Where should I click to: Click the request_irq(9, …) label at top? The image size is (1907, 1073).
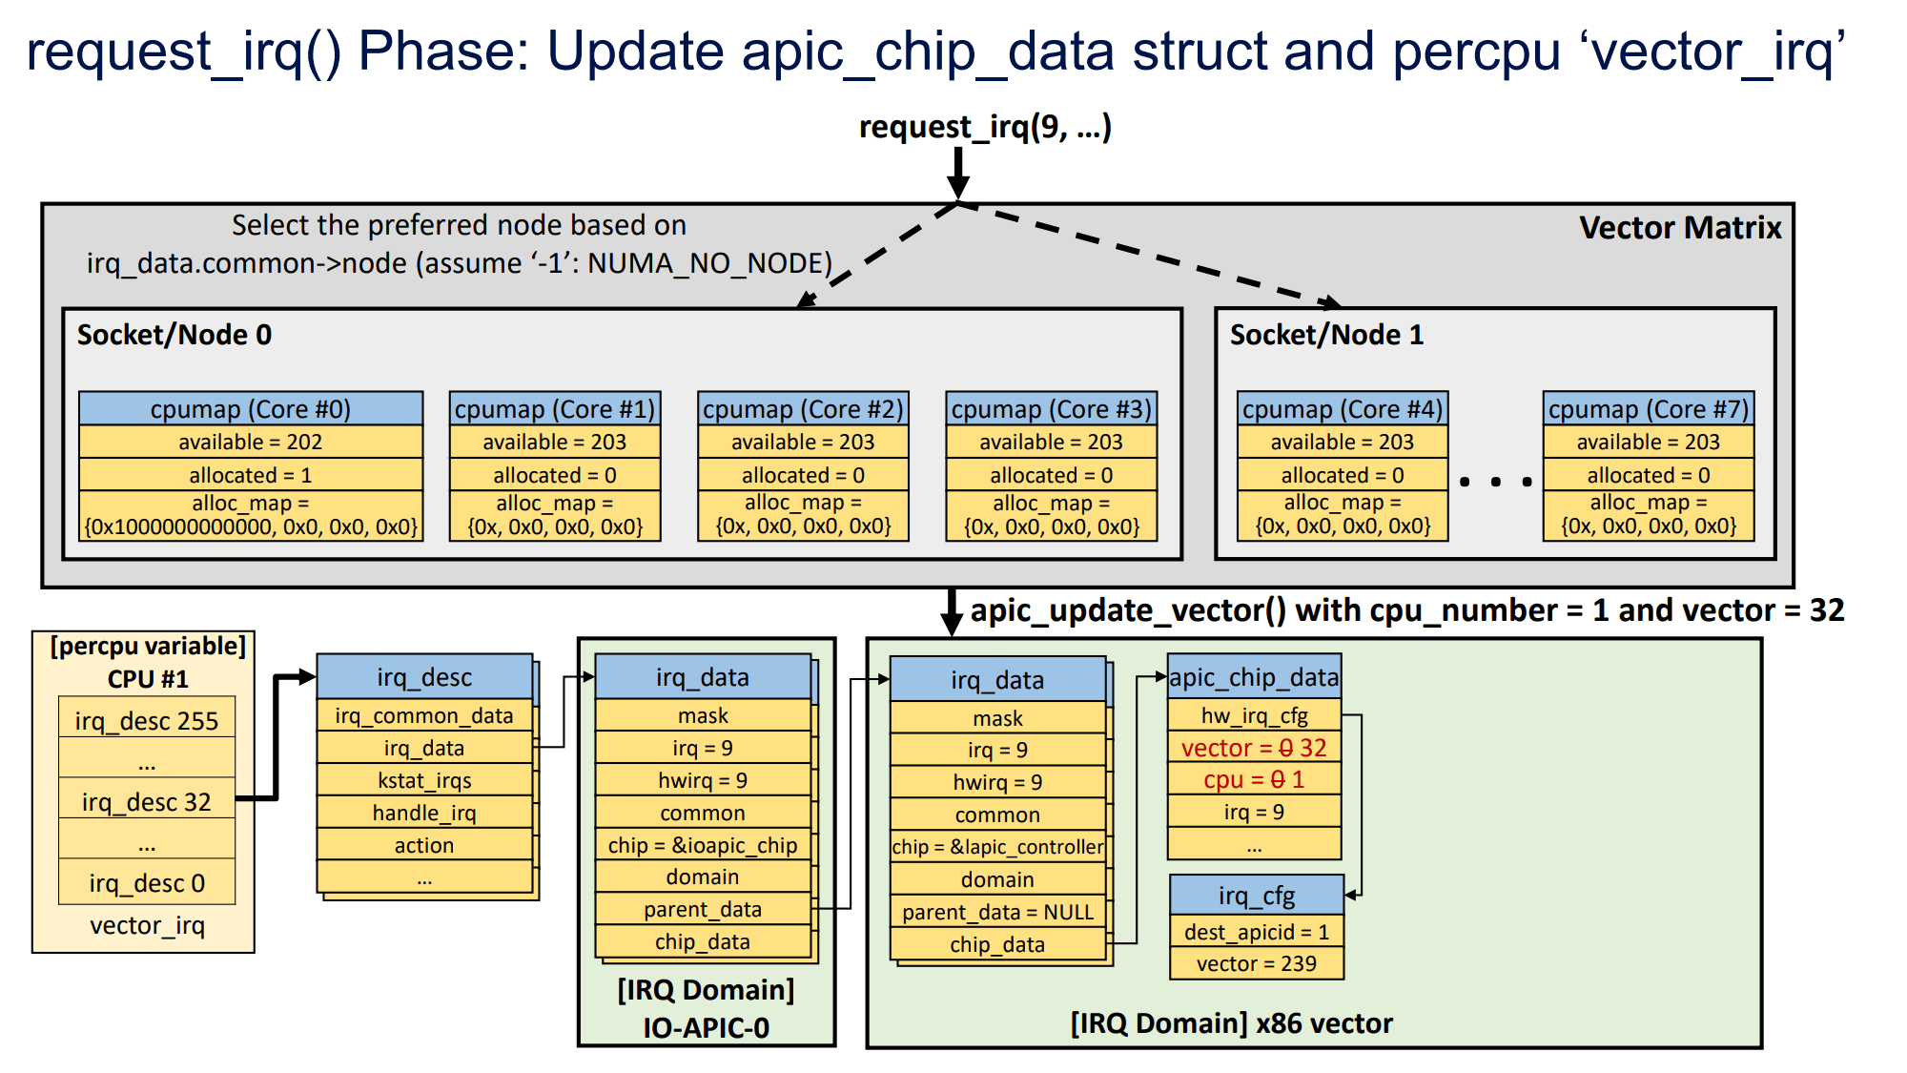click(x=985, y=127)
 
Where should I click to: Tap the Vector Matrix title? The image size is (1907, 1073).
click(x=1679, y=228)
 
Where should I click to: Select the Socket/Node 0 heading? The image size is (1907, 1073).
click(x=174, y=335)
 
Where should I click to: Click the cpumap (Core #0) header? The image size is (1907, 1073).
click(x=251, y=409)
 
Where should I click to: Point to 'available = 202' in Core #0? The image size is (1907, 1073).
click(x=251, y=442)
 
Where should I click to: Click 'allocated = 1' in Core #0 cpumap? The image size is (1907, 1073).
click(x=251, y=475)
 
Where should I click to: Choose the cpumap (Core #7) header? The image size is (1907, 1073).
click(x=1648, y=409)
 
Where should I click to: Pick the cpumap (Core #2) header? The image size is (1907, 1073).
click(x=803, y=409)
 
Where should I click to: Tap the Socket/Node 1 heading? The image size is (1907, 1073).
click(x=1326, y=335)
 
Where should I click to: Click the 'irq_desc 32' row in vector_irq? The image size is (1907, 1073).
click(x=147, y=802)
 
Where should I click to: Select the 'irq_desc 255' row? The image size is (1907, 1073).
click(x=147, y=721)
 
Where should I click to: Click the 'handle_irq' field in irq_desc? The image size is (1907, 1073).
click(x=424, y=813)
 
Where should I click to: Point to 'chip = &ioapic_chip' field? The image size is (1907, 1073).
click(x=703, y=845)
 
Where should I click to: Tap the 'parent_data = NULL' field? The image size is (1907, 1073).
click(x=997, y=912)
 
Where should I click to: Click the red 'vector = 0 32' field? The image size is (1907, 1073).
click(x=1254, y=748)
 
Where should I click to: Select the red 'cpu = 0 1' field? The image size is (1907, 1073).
click(x=1254, y=780)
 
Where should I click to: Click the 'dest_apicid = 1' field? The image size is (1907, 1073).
click(x=1257, y=932)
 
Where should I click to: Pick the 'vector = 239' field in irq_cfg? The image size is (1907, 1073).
click(x=1257, y=963)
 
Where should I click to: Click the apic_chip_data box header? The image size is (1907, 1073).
click(x=1254, y=677)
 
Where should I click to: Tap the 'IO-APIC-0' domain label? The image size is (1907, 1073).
click(x=706, y=1027)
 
